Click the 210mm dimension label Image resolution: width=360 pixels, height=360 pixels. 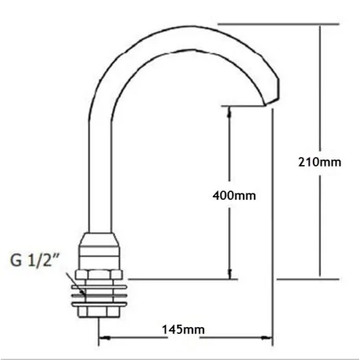click(x=320, y=163)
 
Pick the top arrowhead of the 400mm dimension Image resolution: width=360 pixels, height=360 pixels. click(x=230, y=112)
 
